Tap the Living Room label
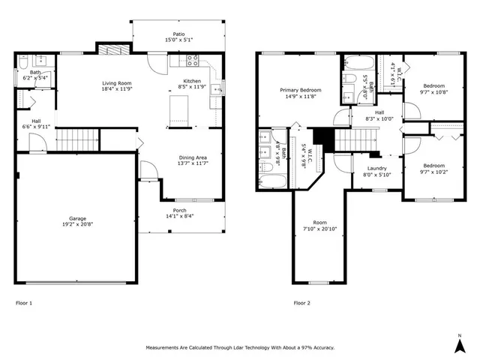[118, 85]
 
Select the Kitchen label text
[193, 84]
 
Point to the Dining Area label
[192, 160]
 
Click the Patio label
[178, 37]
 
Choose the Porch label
[180, 213]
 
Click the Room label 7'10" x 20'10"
[320, 225]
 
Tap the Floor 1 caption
[24, 304]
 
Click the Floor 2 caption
[301, 304]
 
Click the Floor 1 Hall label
[35, 124]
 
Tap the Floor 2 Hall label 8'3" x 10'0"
[379, 115]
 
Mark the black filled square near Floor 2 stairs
[322, 137]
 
